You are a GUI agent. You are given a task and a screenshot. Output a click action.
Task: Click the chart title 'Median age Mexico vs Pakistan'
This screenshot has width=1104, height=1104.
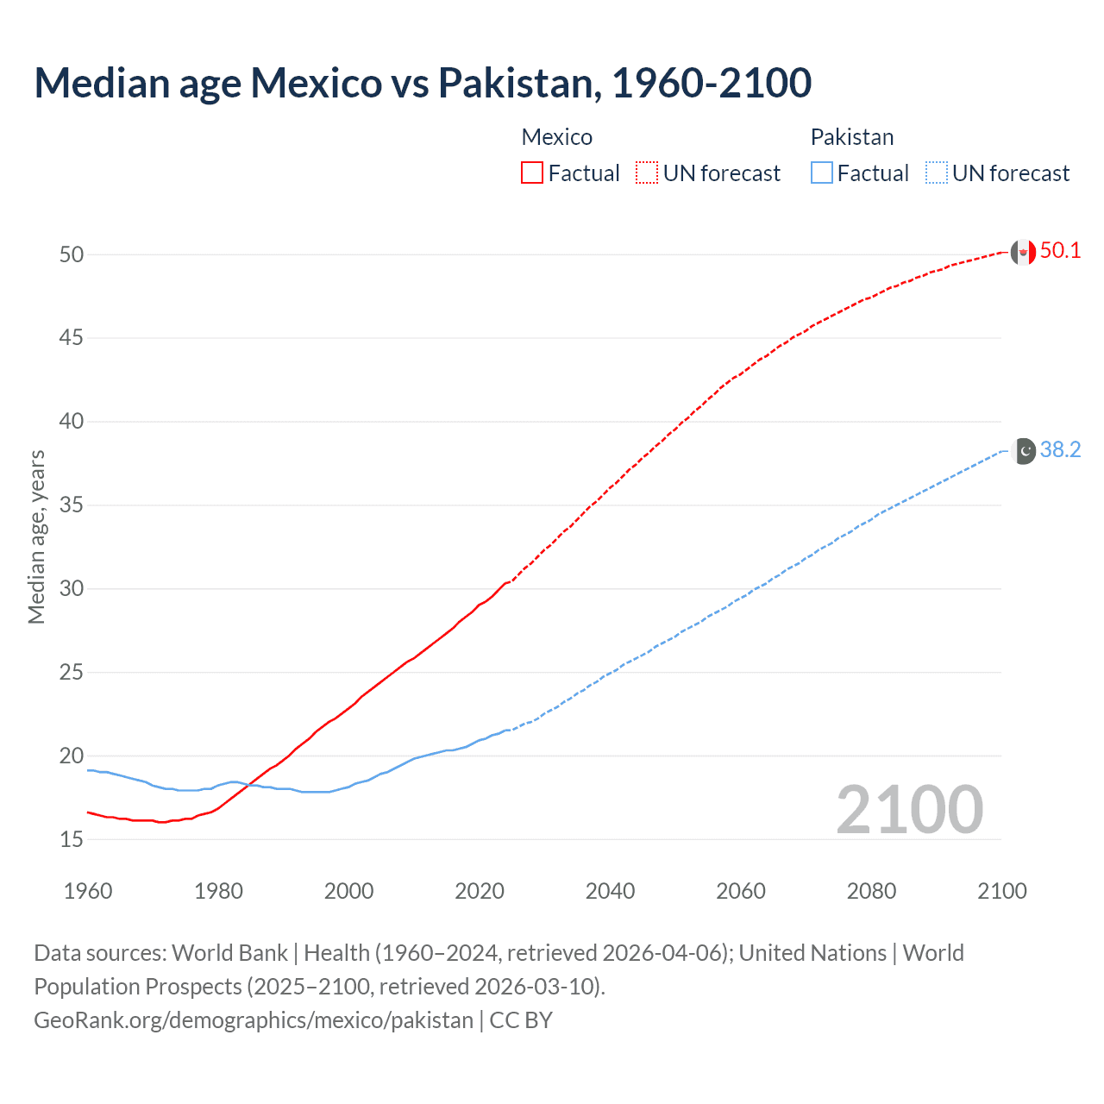click(423, 83)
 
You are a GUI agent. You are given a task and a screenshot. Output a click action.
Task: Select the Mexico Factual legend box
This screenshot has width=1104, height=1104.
click(532, 172)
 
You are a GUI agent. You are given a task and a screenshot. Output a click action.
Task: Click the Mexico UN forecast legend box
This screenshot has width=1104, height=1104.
click(647, 172)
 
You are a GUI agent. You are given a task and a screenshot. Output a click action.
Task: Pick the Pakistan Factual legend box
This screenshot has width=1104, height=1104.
click(821, 172)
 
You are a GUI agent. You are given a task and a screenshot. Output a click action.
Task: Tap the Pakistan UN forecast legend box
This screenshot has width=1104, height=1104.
click(936, 172)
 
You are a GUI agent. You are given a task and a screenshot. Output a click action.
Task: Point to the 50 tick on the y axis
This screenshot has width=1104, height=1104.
click(72, 254)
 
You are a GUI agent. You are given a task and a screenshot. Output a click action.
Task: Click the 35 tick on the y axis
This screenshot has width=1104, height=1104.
click(72, 505)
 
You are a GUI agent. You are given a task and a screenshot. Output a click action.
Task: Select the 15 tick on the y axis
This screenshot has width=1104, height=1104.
click(72, 839)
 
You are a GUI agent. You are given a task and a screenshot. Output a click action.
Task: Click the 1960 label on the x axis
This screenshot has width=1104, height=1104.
click(88, 891)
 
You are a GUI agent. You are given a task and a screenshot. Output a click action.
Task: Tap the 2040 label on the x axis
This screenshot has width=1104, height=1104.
click(610, 891)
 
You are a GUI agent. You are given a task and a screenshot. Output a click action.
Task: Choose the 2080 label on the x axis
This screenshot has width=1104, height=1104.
click(871, 891)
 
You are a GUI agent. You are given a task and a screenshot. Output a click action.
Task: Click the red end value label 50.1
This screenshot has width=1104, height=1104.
click(1060, 251)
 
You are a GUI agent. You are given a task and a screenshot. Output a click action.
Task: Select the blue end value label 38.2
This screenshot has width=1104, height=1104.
click(1060, 450)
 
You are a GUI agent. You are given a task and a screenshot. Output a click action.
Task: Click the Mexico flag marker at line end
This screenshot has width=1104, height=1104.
click(1023, 252)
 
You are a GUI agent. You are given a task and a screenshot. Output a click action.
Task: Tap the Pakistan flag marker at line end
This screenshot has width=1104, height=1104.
click(1023, 451)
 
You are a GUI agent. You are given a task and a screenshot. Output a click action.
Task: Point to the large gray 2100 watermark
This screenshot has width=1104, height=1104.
click(909, 809)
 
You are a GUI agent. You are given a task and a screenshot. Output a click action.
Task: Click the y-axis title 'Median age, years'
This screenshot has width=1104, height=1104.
click(36, 536)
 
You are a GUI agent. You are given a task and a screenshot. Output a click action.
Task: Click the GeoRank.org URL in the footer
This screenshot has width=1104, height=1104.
click(254, 1020)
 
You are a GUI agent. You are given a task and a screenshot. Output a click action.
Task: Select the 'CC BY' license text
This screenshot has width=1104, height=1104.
click(521, 1020)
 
